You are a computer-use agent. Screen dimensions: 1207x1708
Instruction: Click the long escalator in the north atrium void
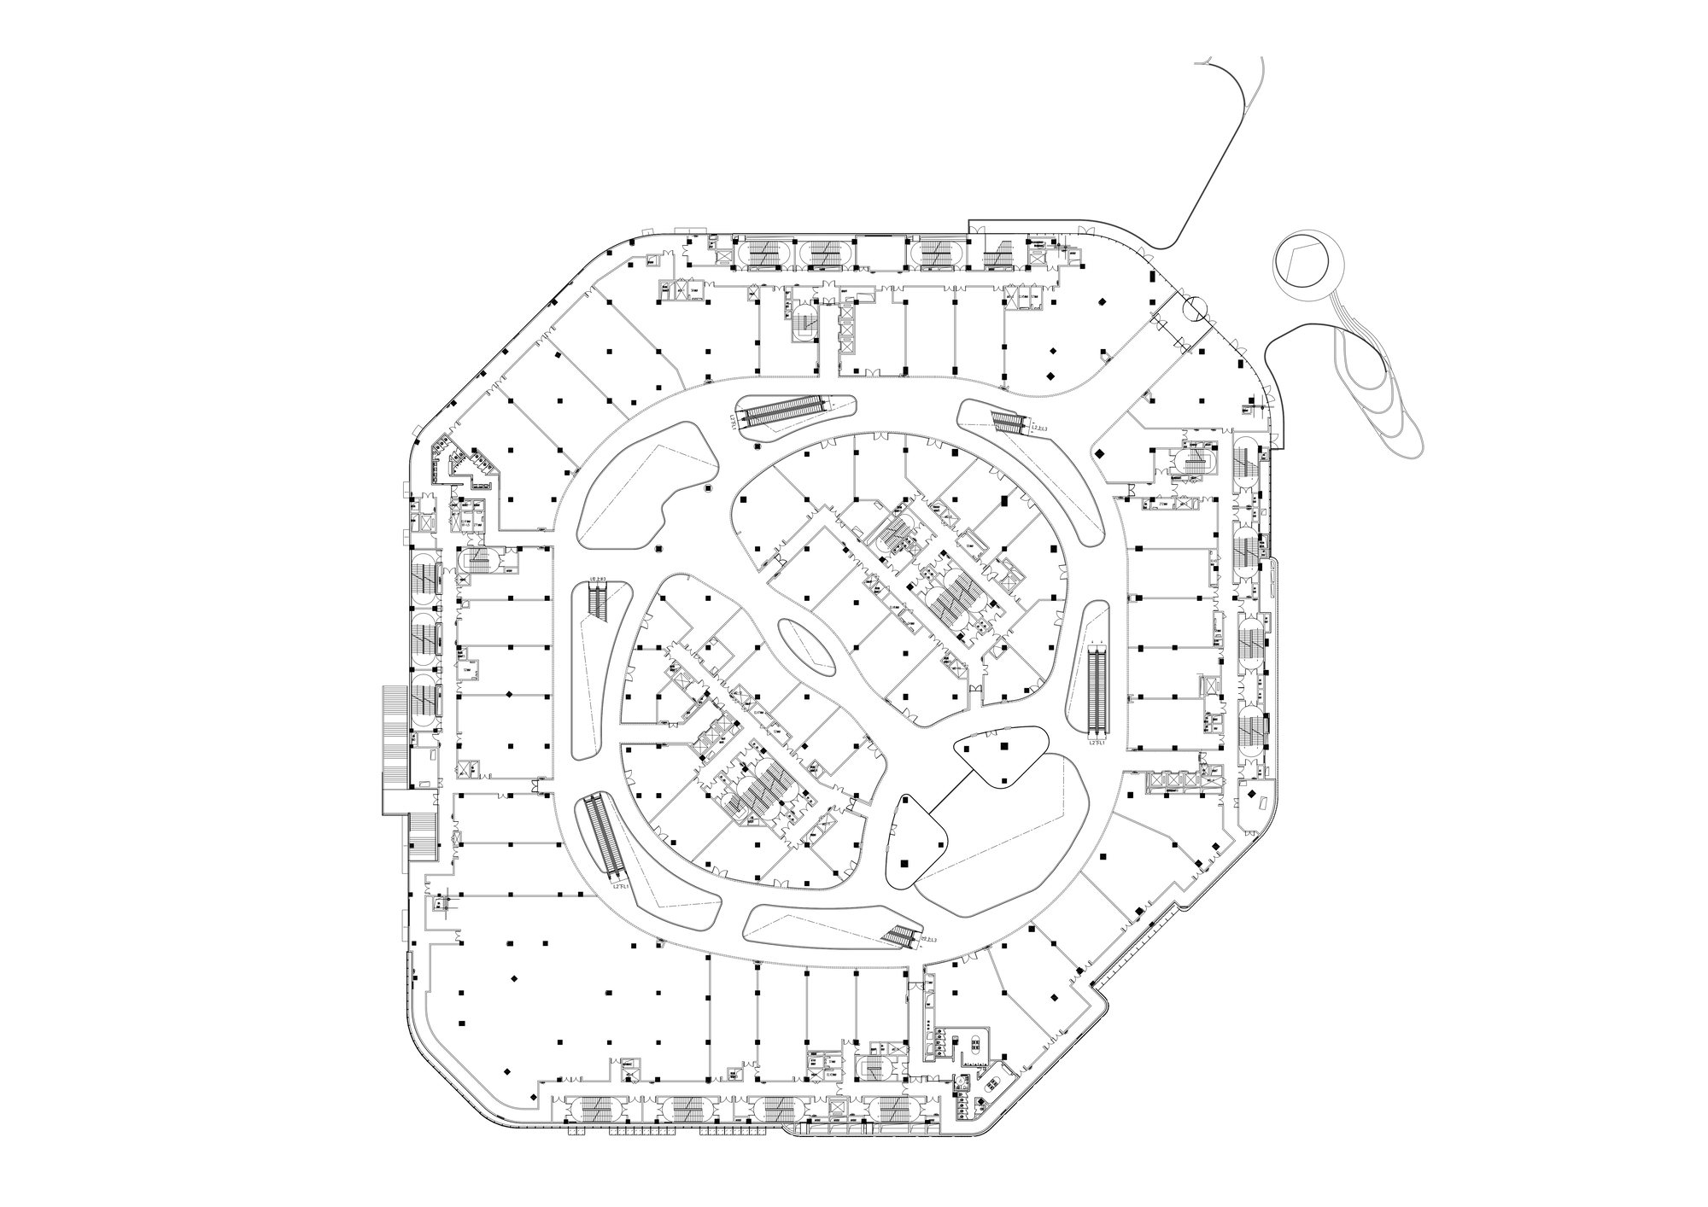tap(784, 413)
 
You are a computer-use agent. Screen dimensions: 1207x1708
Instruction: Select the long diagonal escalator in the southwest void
tap(608, 836)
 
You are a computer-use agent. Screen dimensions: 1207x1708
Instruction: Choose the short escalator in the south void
tap(902, 936)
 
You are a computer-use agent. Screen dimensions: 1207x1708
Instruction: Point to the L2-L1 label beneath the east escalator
tap(1098, 744)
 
